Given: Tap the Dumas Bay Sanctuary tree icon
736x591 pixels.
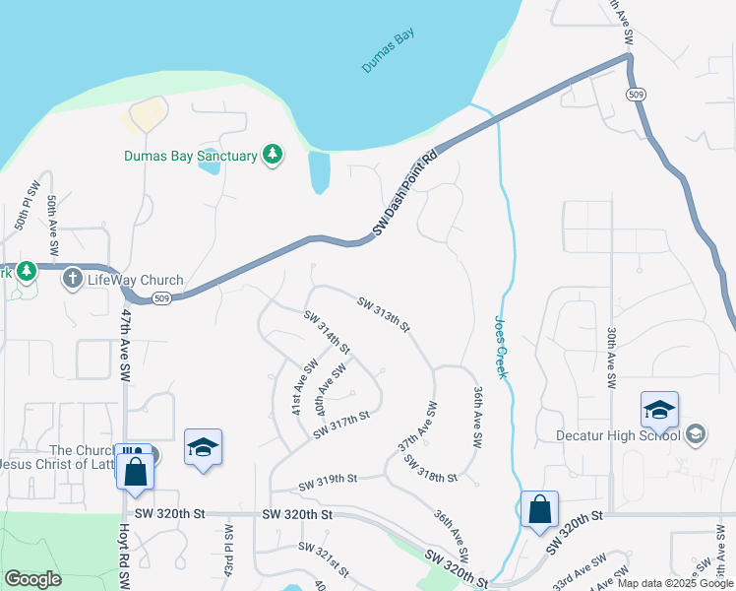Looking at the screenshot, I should [273, 155].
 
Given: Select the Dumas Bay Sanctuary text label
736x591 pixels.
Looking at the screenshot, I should [191, 156].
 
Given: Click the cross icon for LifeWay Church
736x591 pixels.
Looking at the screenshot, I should [72, 280].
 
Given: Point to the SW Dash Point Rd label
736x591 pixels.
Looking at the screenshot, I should [404, 194].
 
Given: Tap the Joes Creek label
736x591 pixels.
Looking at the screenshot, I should [499, 346].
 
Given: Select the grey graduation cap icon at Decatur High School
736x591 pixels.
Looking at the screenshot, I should [696, 434].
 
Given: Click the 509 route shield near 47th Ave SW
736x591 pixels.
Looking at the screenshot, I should [164, 298].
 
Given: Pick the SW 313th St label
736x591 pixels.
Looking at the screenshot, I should [383, 315].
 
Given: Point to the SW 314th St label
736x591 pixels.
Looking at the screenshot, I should [327, 332].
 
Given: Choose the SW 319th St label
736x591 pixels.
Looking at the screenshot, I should [327, 480].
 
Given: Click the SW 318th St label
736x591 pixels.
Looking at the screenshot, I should [431, 469].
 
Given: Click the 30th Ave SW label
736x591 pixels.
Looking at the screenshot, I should [611, 357].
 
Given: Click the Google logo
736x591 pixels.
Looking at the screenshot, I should [32, 578].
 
